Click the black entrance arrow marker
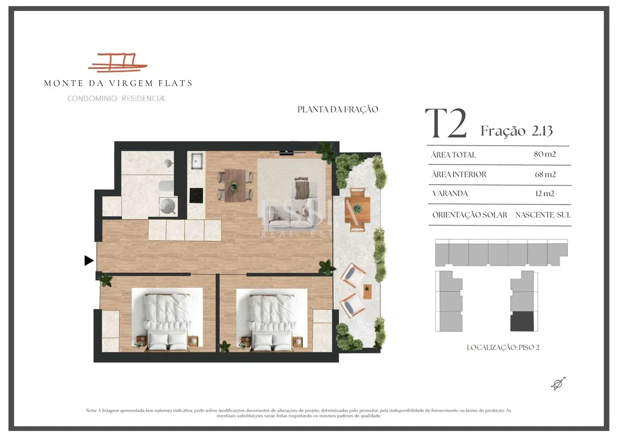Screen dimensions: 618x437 click(x=89, y=260)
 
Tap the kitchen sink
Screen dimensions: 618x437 click(x=197, y=161)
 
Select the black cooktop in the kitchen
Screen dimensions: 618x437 click(x=196, y=195)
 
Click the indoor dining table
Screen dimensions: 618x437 click(x=235, y=185)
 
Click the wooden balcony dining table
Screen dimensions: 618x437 click(x=357, y=210)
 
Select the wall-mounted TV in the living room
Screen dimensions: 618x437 click(x=287, y=153)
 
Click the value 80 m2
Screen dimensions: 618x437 click(x=544, y=154)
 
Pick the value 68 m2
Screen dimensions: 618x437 click(x=545, y=174)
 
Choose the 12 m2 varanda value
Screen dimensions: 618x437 click(x=545, y=193)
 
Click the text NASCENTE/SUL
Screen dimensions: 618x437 click(x=543, y=215)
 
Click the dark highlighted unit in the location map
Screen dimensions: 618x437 click(x=522, y=321)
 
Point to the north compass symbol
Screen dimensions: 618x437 click(x=558, y=384)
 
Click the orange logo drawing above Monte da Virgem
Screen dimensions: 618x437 click(x=118, y=63)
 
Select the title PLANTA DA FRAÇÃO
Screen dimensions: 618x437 click(x=338, y=110)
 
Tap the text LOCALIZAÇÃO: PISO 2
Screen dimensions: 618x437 click(x=503, y=347)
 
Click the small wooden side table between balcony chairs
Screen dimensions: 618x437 click(x=367, y=291)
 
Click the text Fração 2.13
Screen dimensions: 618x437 click(x=516, y=131)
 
